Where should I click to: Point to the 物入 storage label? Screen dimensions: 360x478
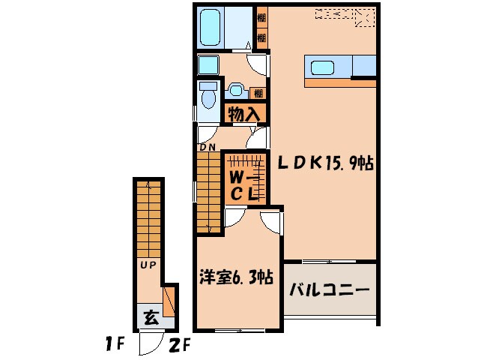(x=244, y=114)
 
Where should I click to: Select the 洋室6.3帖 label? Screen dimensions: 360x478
(x=235, y=278)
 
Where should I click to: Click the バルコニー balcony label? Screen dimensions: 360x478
(x=330, y=289)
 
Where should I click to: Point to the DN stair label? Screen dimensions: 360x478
(x=207, y=148)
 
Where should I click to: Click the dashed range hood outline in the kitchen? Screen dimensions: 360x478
(x=344, y=14)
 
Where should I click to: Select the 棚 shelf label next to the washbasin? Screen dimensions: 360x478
(x=258, y=94)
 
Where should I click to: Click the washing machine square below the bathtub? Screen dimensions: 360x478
(x=207, y=64)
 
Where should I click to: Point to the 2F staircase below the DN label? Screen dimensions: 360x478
(x=207, y=191)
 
